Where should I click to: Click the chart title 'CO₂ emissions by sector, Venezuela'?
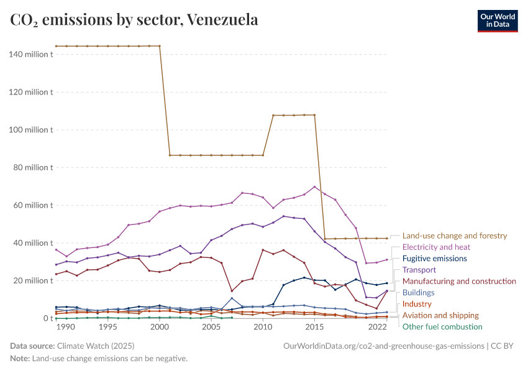[134, 20]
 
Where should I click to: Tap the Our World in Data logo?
[497, 20]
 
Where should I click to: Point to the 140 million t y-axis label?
[31, 55]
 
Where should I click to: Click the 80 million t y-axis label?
[33, 168]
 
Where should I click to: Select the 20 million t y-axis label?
[33, 280]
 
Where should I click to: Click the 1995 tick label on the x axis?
[107, 327]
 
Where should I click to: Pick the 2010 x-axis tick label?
[263, 327]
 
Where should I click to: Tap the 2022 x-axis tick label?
[377, 327]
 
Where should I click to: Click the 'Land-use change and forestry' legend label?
[455, 236]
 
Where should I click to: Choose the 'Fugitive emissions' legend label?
[434, 259]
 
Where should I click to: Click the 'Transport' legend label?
[419, 270]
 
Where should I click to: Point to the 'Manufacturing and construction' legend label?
[459, 282]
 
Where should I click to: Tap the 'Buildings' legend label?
[418, 293]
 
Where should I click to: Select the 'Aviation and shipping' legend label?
[440, 315]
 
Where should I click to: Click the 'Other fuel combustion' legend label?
[442, 327]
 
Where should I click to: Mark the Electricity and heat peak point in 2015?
[314, 186]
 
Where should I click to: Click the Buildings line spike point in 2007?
[232, 298]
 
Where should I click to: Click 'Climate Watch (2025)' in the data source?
[94, 346]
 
